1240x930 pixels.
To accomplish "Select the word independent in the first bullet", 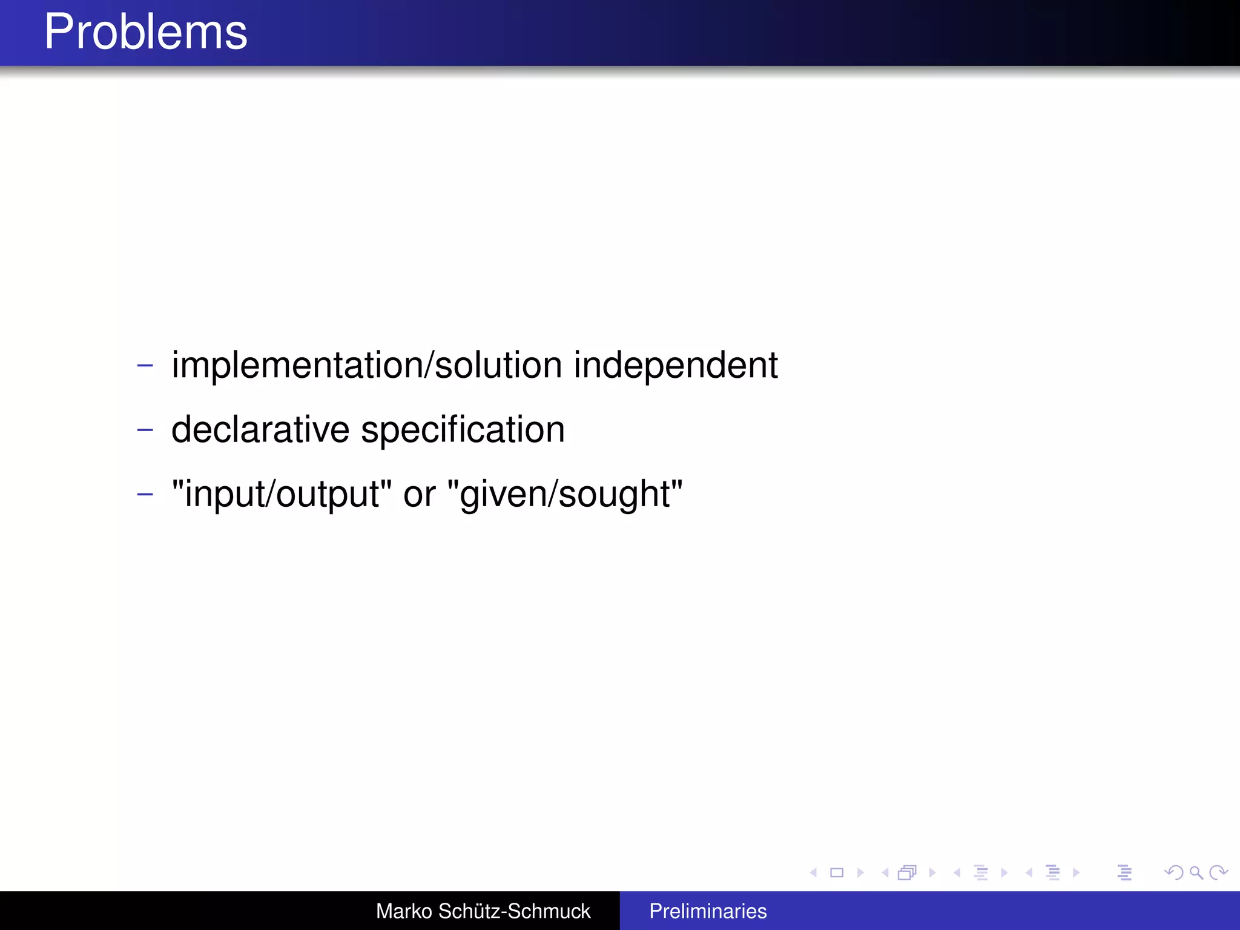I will pos(675,365).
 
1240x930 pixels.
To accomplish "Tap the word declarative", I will pos(260,430).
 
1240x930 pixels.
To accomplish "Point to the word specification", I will pos(463,430).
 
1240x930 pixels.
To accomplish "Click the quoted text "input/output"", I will pos(282,494).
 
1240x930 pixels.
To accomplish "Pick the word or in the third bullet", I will pos(419,494).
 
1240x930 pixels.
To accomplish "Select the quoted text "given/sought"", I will pos(564,494).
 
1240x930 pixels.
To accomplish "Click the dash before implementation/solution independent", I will pos(145,365).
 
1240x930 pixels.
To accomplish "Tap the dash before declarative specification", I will pos(145,430).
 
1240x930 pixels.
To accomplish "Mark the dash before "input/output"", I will pos(145,494).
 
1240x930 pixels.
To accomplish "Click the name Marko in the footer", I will pos(404,911).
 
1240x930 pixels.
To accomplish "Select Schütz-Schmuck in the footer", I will pos(514,911).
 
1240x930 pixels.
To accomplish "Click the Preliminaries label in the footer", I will pos(708,911).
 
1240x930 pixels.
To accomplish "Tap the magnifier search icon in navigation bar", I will pos(1196,872).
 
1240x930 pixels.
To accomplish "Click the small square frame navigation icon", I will pos(837,872).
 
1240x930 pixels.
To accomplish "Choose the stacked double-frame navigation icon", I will pos(907,872).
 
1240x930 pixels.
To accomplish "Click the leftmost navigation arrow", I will pos(814,872).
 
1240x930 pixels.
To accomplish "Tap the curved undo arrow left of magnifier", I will pos(1174,872).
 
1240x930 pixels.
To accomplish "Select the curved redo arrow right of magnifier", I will pos(1218,872).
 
